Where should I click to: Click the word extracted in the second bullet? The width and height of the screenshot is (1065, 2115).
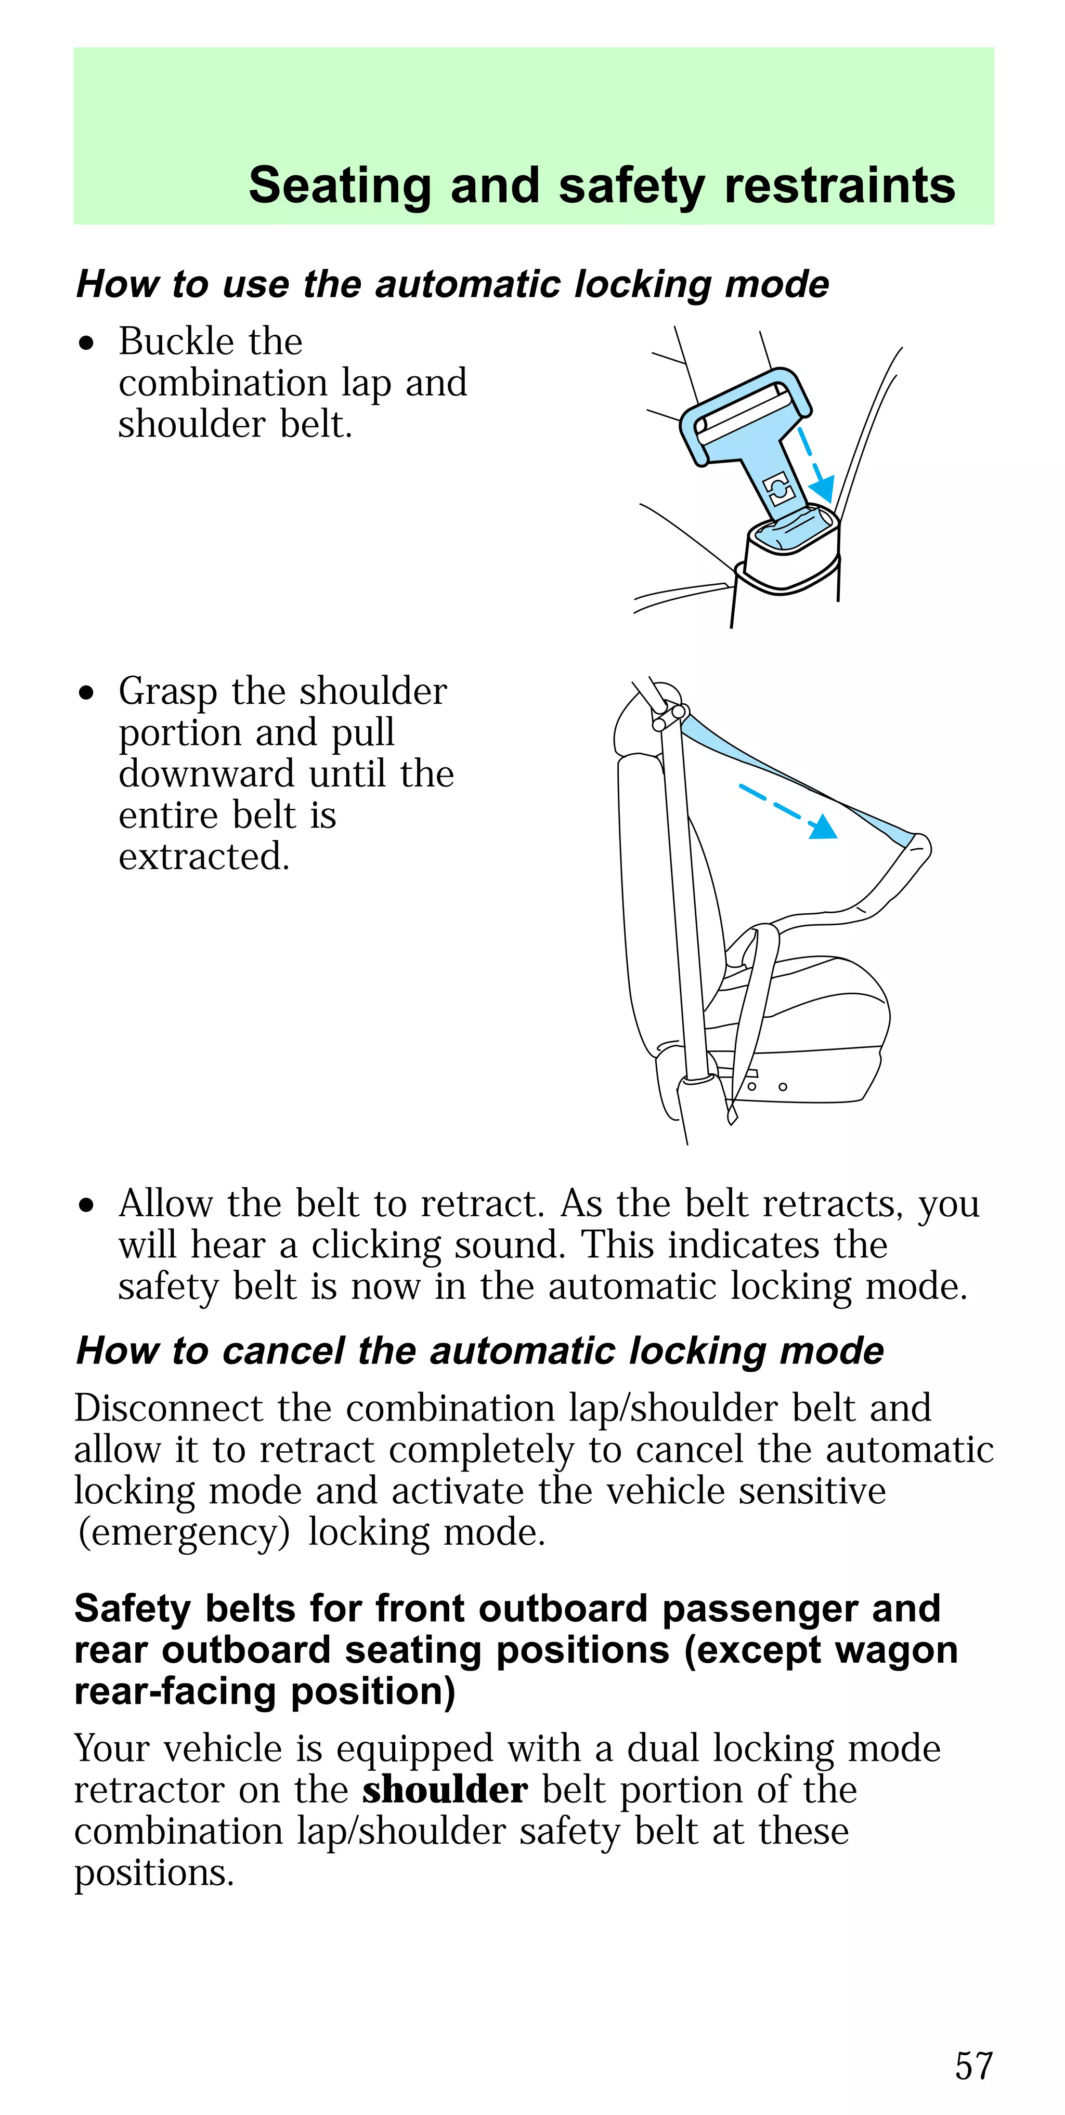[x=204, y=857]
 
